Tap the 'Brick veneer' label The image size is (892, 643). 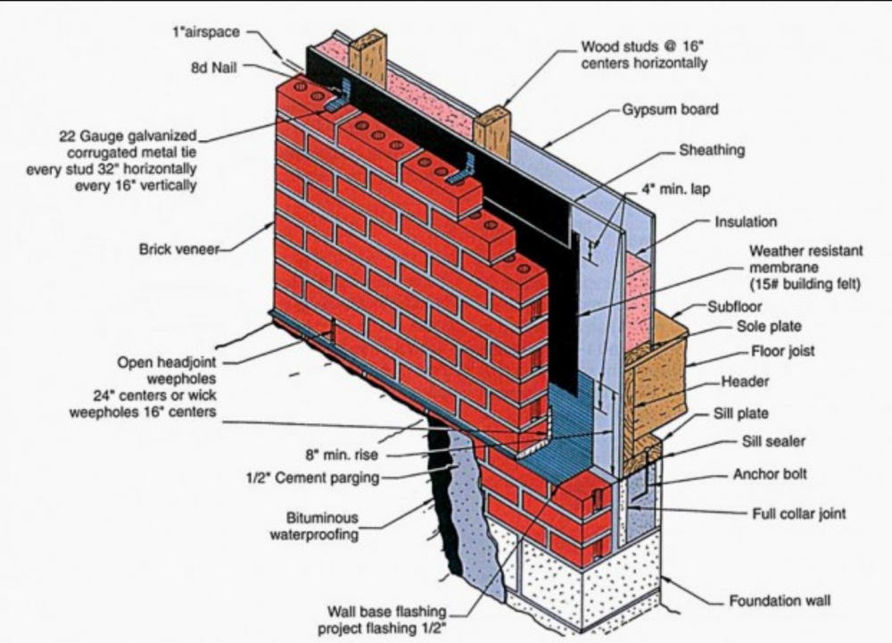(178, 249)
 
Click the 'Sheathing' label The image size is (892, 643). (712, 150)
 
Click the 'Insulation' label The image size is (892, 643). (746, 221)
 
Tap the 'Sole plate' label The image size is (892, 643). (769, 327)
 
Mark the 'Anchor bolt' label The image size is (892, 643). (770, 473)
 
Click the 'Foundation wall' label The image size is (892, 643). (780, 600)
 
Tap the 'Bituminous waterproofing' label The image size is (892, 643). (322, 526)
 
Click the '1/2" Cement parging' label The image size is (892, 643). (311, 478)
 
